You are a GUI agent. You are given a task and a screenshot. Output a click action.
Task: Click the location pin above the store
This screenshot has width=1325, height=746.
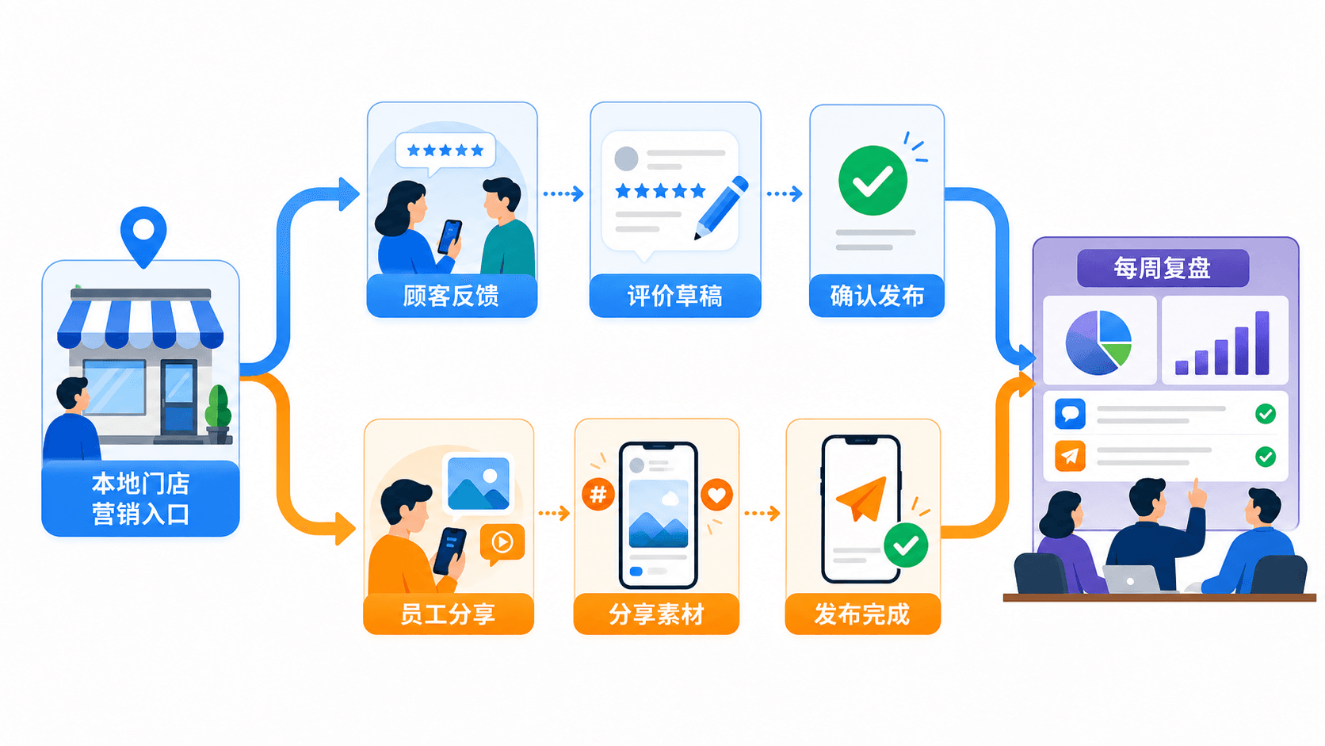pos(143,235)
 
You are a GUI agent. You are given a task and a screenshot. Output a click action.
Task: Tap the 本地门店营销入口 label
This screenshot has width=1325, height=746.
pos(141,499)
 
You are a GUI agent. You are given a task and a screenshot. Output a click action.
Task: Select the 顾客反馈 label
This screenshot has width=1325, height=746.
pos(451,296)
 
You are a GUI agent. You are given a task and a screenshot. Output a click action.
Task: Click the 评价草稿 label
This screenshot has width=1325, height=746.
pos(675,296)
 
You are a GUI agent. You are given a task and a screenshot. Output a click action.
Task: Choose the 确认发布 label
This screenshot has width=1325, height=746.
pos(876,296)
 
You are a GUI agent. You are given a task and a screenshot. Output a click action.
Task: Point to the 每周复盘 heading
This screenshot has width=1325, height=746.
pos(1163,268)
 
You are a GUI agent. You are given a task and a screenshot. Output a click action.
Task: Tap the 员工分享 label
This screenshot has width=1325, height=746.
pos(448,614)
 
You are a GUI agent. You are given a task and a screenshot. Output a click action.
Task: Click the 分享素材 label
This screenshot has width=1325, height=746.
pos(656,614)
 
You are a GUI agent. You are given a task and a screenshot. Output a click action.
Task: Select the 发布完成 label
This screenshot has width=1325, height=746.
pos(862,614)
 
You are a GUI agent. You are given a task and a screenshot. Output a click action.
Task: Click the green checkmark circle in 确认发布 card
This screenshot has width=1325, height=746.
pos(873,181)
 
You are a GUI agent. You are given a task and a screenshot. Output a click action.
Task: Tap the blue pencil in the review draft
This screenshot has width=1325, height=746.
pos(721,208)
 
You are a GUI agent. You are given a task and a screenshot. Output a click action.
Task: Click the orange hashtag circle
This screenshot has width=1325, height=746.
pos(598,494)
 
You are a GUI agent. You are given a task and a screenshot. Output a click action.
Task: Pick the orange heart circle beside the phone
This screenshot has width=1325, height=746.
pos(717,495)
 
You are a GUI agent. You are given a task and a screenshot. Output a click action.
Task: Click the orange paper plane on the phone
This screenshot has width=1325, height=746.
pos(863,498)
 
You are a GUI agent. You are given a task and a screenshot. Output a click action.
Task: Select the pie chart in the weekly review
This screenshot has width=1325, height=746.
pos(1098,342)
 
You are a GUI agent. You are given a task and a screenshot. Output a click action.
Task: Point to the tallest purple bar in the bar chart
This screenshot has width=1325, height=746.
pos(1262,342)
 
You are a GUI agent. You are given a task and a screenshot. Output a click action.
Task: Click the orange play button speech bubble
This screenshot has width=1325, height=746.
pos(502,543)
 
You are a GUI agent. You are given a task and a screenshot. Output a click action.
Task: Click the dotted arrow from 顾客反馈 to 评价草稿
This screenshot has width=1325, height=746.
pos(563,193)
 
